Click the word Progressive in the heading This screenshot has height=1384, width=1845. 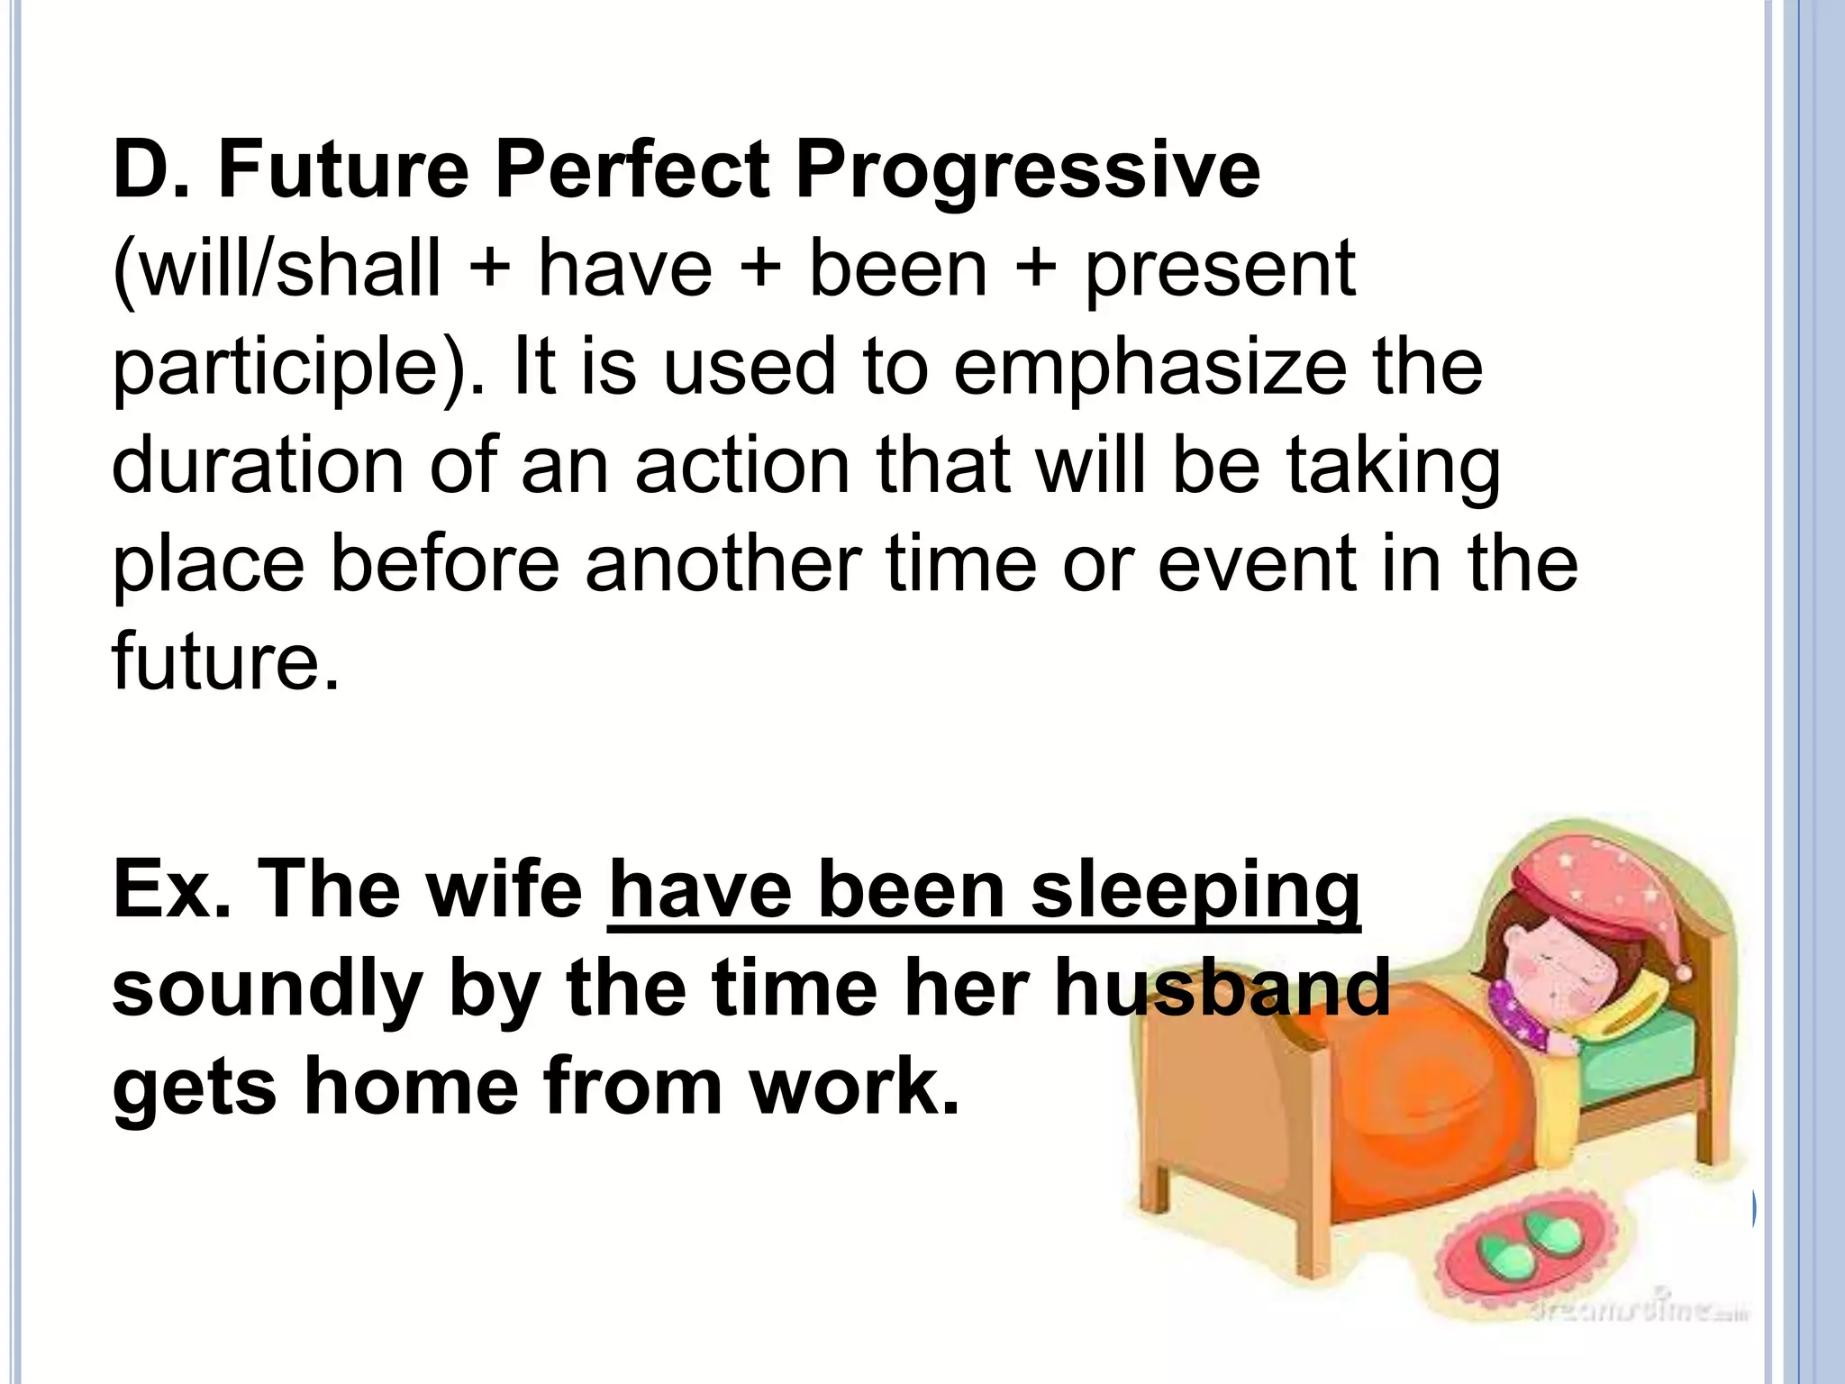tap(1027, 171)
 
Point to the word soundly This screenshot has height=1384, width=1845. tap(267, 989)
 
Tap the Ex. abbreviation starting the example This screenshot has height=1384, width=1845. tap(169, 889)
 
